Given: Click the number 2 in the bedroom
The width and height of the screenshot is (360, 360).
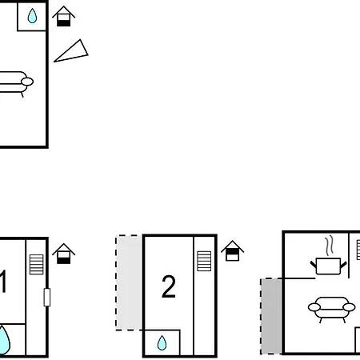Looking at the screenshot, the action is pyautogui.click(x=169, y=286).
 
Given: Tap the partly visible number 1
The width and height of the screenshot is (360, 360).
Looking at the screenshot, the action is pyautogui.click(x=3, y=282).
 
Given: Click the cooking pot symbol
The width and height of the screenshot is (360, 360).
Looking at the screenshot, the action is pyautogui.click(x=328, y=266).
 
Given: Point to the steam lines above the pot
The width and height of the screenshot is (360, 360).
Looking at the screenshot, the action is pyautogui.click(x=330, y=246).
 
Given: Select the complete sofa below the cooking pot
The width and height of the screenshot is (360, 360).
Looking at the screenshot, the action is pyautogui.click(x=331, y=310).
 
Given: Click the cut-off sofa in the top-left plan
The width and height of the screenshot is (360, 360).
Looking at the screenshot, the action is pyautogui.click(x=16, y=83).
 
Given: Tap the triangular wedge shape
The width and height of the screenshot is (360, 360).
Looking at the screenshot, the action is pyautogui.click(x=72, y=52).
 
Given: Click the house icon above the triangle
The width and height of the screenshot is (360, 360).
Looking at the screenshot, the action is pyautogui.click(x=63, y=16).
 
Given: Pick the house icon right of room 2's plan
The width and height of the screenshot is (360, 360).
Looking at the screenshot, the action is pyautogui.click(x=232, y=250).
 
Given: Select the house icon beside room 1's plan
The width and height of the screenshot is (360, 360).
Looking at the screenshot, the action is pyautogui.click(x=63, y=254).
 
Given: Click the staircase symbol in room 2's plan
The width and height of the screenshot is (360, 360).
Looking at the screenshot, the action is pyautogui.click(x=204, y=261).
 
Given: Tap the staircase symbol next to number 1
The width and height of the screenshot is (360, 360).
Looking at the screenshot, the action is pyautogui.click(x=36, y=264).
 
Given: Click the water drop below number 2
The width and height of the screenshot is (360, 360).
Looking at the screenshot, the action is pyautogui.click(x=162, y=342).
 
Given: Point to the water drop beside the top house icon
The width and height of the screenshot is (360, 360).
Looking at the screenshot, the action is pyautogui.click(x=32, y=16).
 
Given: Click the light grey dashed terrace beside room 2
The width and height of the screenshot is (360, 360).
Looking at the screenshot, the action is pyautogui.click(x=129, y=282).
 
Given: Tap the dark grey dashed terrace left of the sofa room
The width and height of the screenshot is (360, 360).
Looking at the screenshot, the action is pyautogui.click(x=271, y=316).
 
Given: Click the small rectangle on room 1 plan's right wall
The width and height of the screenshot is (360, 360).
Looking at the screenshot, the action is pyautogui.click(x=47, y=297).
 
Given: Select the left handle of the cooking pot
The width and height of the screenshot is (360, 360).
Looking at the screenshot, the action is pyautogui.click(x=314, y=265).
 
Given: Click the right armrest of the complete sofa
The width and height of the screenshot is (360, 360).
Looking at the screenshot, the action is pyautogui.click(x=349, y=307).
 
